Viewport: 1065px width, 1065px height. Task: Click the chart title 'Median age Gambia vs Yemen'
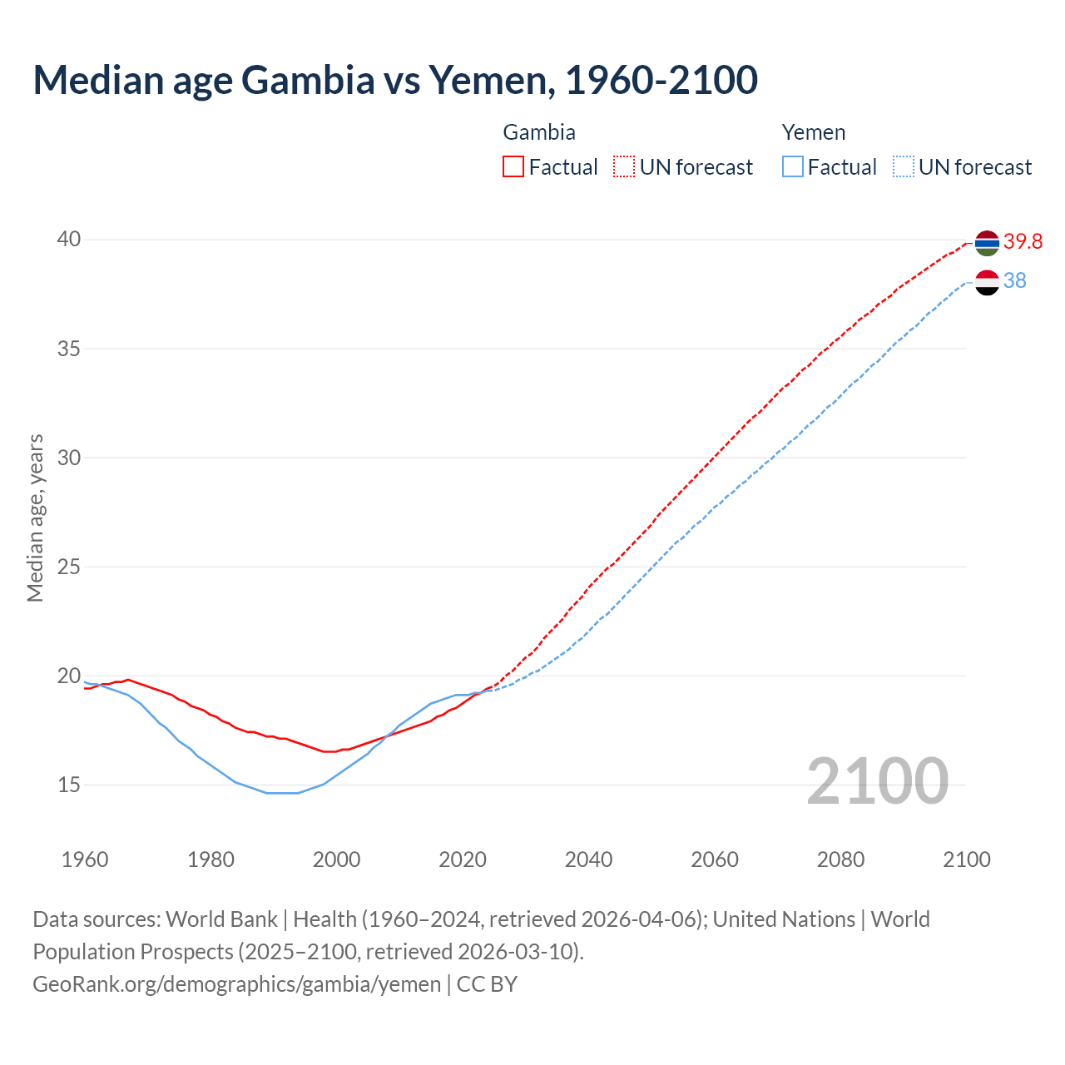(x=395, y=80)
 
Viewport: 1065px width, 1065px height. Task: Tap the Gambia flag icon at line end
(x=986, y=243)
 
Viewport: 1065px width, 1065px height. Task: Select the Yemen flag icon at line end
(x=986, y=282)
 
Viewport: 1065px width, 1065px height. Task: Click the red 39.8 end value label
(x=1023, y=241)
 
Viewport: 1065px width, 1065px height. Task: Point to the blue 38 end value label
(x=1014, y=281)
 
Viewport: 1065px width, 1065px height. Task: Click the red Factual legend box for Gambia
(x=513, y=167)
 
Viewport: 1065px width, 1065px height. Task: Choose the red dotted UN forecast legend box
(x=624, y=167)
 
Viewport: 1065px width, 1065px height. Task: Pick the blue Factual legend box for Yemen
(x=793, y=167)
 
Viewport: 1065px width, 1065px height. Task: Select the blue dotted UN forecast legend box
(x=904, y=167)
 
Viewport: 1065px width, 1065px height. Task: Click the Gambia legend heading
(x=539, y=132)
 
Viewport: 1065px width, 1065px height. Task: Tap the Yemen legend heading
(x=814, y=132)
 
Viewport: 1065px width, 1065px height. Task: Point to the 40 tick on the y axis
(x=69, y=240)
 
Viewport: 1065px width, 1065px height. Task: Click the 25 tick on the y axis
(x=69, y=567)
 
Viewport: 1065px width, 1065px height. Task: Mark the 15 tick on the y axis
(x=69, y=785)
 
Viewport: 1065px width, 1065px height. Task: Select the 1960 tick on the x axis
(x=85, y=859)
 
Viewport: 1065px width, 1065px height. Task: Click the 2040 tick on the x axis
(x=588, y=859)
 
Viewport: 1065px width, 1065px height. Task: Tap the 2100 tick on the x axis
(x=966, y=859)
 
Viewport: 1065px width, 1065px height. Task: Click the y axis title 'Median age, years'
(x=35, y=518)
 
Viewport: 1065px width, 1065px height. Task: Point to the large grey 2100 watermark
(x=877, y=781)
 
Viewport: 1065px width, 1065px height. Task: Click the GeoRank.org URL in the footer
(x=236, y=984)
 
